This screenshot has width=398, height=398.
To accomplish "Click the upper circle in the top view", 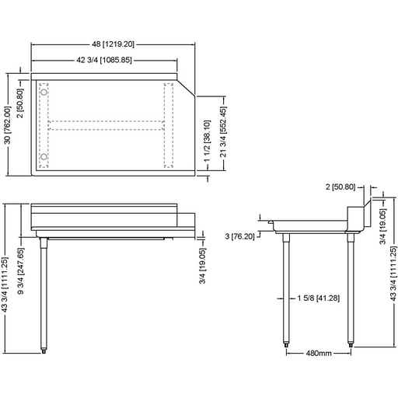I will pyautogui.click(x=44, y=92).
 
